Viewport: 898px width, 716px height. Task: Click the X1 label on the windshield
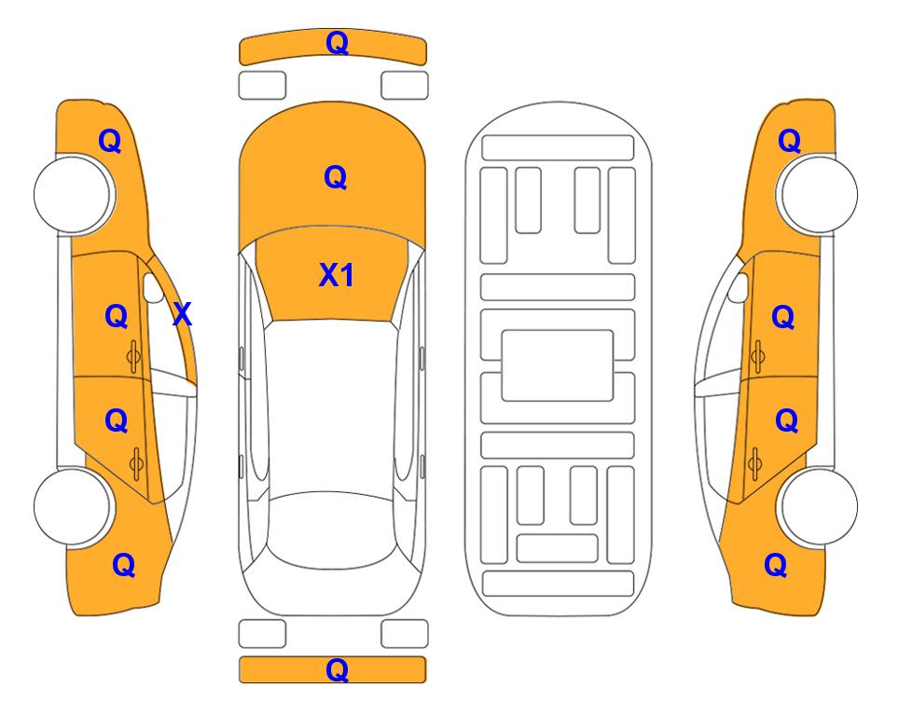[337, 275]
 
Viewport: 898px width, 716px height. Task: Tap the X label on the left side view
[182, 314]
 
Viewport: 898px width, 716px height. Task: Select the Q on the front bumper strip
[337, 43]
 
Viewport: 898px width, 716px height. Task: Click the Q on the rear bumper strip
[337, 669]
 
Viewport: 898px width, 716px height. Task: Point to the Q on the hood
[336, 177]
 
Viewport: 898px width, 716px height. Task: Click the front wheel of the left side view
[73, 194]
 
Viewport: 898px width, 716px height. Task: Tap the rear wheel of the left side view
[73, 506]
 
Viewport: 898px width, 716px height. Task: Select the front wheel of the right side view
[819, 194]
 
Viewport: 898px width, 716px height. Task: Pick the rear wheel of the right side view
[819, 506]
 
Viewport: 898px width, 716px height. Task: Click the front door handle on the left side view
[134, 357]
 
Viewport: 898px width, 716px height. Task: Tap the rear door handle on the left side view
[136, 463]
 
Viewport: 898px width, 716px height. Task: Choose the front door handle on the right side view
[757, 357]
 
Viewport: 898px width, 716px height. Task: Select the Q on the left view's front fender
[110, 141]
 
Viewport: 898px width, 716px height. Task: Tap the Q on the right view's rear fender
[776, 565]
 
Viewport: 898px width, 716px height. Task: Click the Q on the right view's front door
[783, 316]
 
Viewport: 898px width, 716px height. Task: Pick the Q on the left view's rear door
[117, 420]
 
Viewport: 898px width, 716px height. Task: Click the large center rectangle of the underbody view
[558, 365]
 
